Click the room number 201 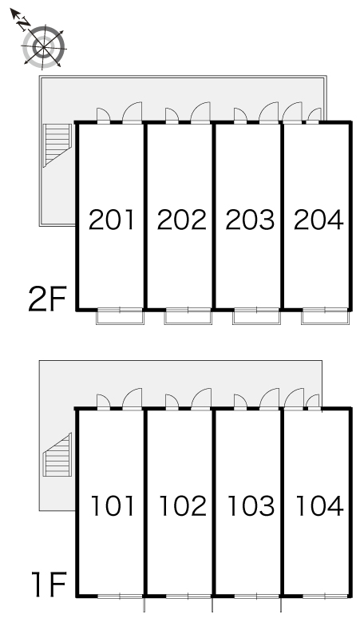tap(112, 220)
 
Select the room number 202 tap(181, 220)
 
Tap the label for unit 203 tap(250, 220)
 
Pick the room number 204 tap(318, 220)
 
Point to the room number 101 tap(113, 505)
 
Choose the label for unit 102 tap(183, 505)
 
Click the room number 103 tap(251, 505)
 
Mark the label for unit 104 tap(319, 505)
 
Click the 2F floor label tap(47, 299)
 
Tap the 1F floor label tap(49, 585)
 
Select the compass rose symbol tap(44, 47)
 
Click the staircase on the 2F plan tap(57, 145)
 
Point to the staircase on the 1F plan tap(57, 454)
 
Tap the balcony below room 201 tap(120, 317)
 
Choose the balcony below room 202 tap(188, 317)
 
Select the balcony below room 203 tap(256, 317)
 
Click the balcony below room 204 tap(325, 316)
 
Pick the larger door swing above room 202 tap(200, 113)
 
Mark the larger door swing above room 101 tap(133, 398)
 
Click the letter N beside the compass tap(25, 23)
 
